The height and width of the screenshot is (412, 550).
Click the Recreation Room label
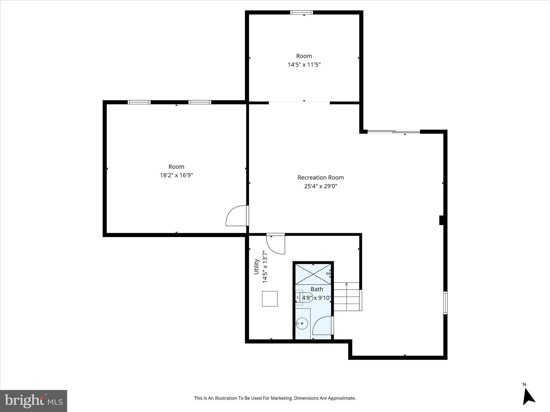tap(321, 178)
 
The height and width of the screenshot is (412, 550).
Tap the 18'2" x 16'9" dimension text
tap(176, 175)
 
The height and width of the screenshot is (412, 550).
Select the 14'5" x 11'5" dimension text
tap(304, 65)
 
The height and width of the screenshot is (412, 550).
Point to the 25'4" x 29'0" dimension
tap(321, 186)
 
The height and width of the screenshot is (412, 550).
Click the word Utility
tap(256, 266)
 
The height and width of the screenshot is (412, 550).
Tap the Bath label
tap(317, 289)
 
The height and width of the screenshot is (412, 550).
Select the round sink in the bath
tap(302, 323)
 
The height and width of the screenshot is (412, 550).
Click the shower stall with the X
tap(313, 274)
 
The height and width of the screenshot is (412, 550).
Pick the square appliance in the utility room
tap(270, 299)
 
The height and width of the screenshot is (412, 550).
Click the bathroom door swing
tap(323, 325)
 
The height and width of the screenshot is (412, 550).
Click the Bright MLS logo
tap(34, 401)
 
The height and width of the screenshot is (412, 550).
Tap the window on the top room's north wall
tap(301, 12)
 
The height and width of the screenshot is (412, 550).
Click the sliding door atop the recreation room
tap(393, 131)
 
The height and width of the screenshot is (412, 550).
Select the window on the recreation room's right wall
tap(445, 303)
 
